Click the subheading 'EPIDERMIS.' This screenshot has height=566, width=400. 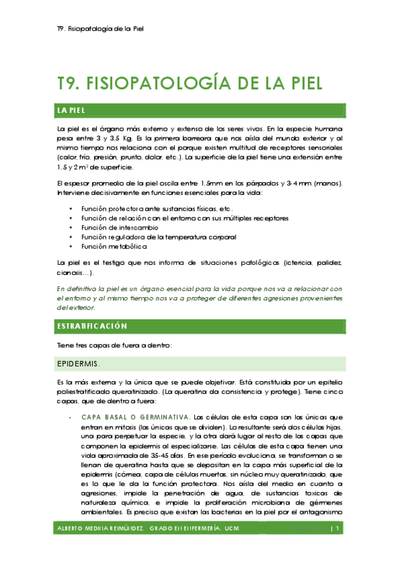click(x=79, y=364)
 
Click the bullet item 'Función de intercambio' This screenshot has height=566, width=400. click(x=120, y=228)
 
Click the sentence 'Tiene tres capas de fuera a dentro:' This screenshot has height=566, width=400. click(x=115, y=345)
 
